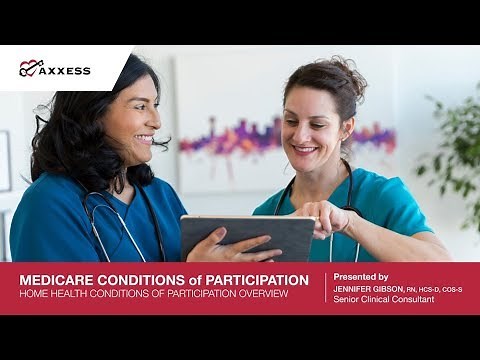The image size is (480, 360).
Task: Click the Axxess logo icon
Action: (x=30, y=68)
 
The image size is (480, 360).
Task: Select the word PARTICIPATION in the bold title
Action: (x=250, y=279)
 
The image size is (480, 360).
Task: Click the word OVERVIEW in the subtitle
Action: (x=263, y=293)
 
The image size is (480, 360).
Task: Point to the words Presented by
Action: (x=361, y=276)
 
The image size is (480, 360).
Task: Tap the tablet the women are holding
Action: (x=250, y=235)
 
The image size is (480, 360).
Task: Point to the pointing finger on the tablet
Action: (x=305, y=213)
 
